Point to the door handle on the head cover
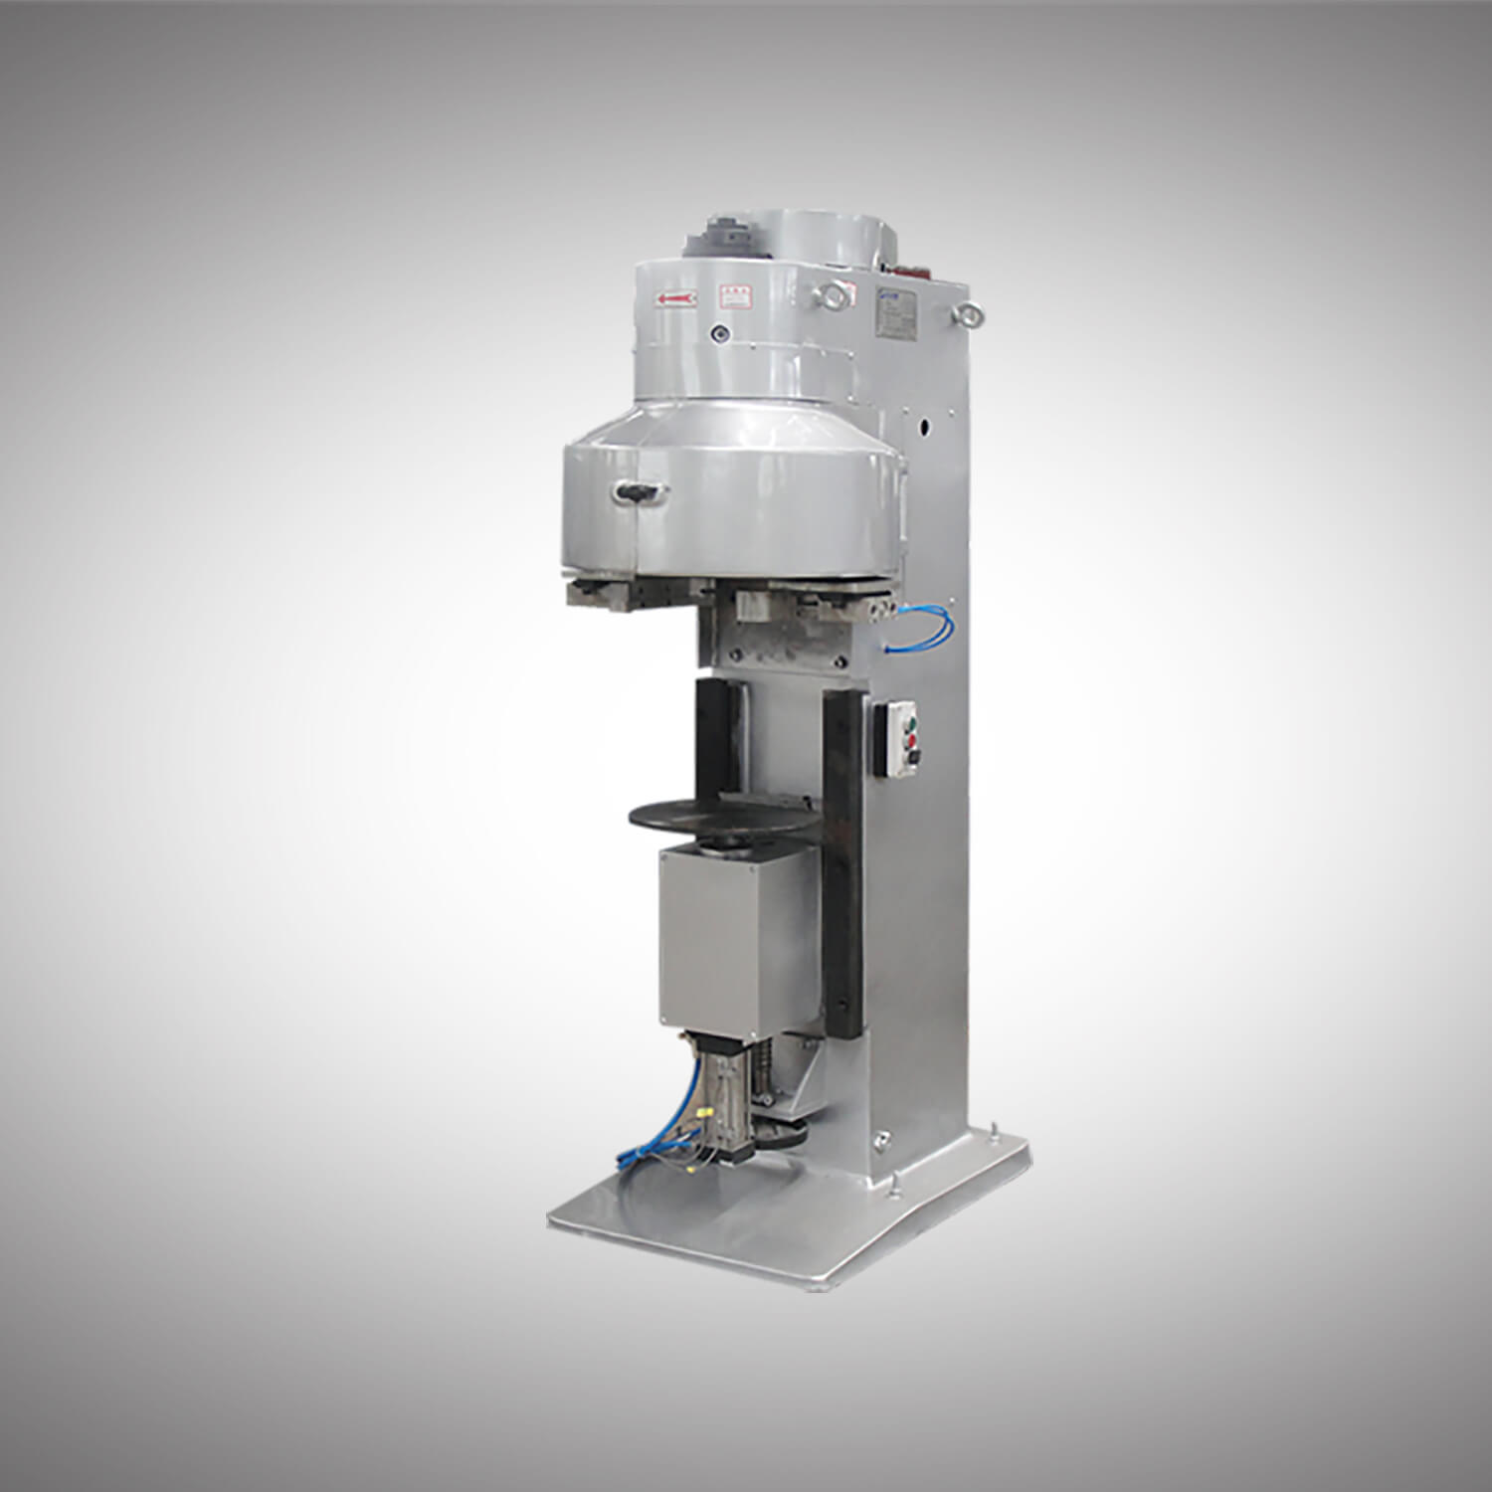tap(640, 490)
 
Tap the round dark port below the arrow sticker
tap(719, 335)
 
